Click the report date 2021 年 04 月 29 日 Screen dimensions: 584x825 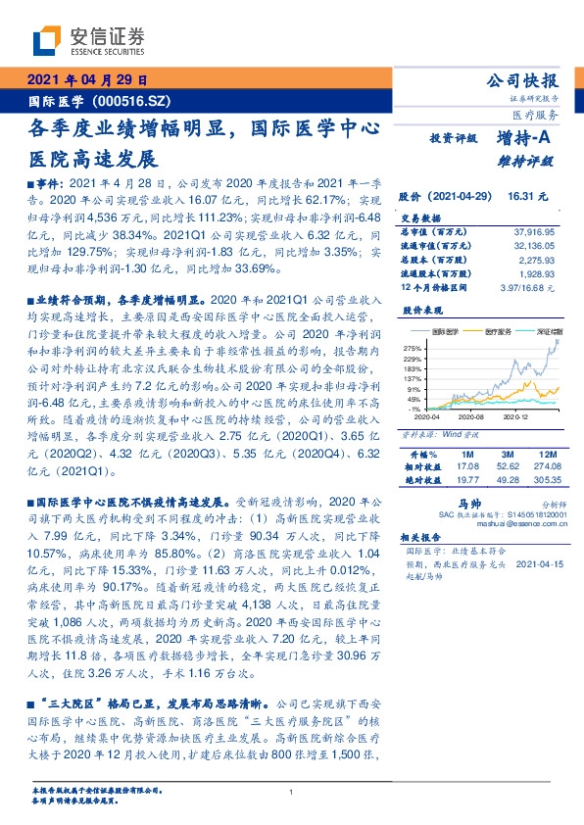pyautogui.click(x=87, y=79)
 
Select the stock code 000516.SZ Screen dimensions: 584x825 pyautogui.click(x=131, y=100)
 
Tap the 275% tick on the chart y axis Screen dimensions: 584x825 pyautogui.click(x=412, y=347)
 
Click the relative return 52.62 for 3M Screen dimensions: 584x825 pyautogui.click(x=508, y=467)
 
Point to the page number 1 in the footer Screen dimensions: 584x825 pyautogui.click(x=292, y=793)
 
